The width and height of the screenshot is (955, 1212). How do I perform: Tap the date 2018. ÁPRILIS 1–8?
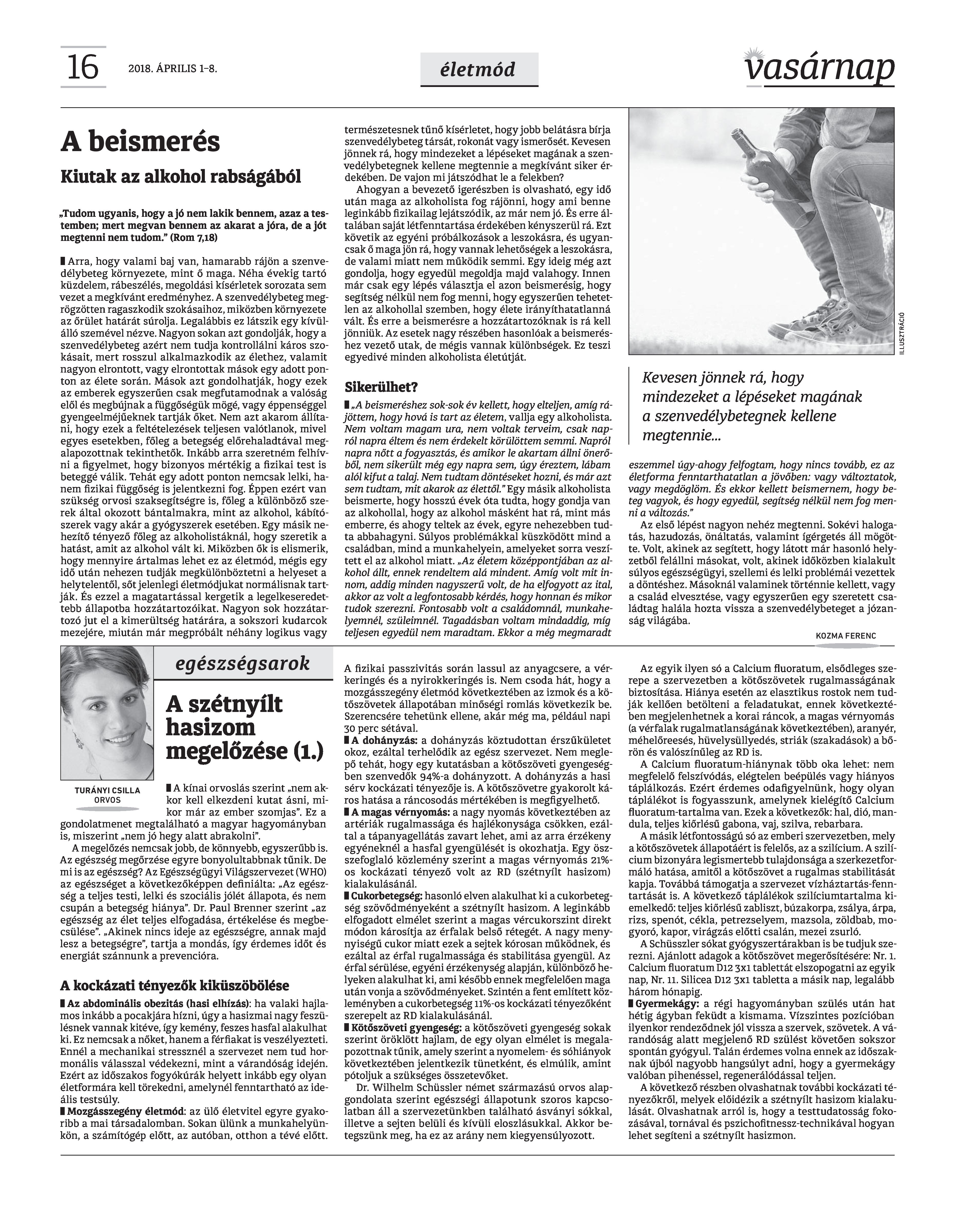(x=172, y=69)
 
